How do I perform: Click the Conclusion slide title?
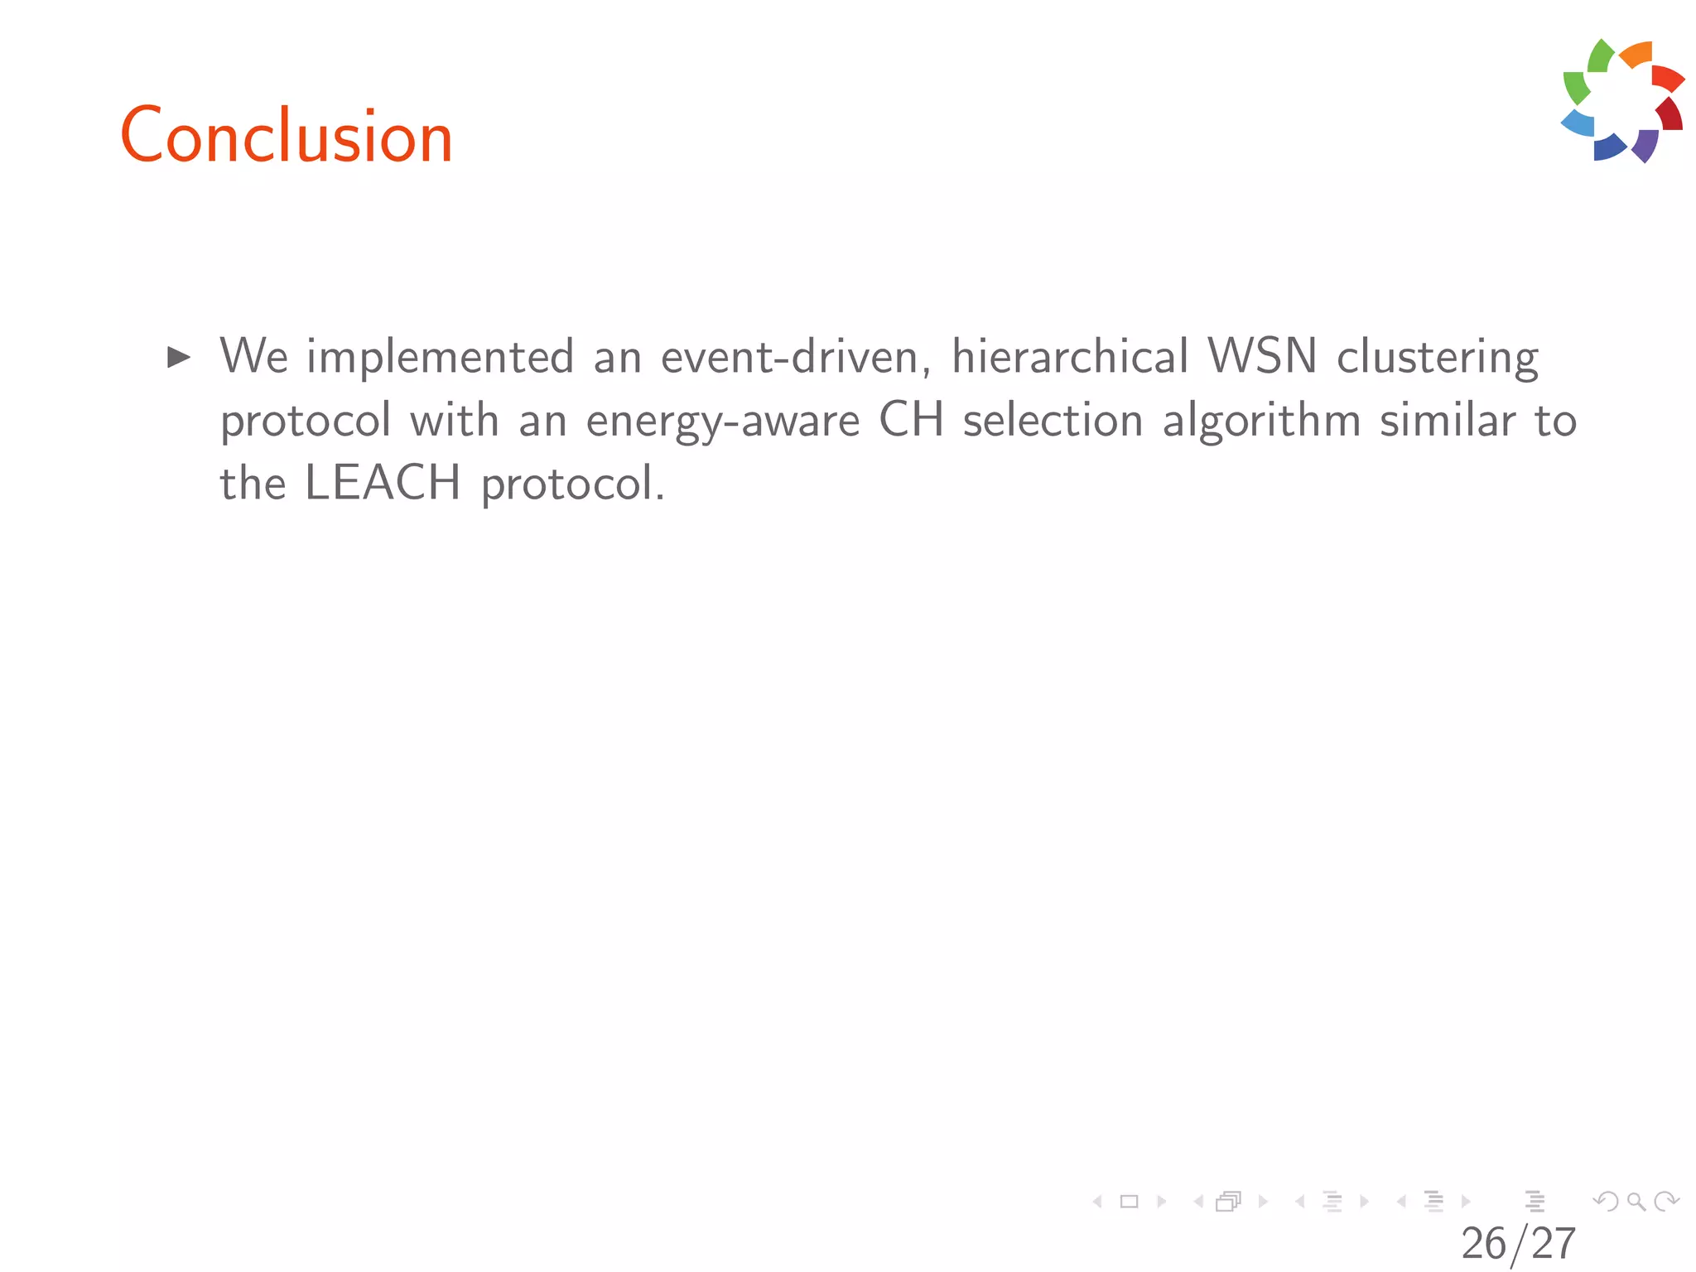[x=287, y=136]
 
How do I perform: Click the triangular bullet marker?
[x=179, y=358]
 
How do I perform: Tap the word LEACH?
[x=383, y=483]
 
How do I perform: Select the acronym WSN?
[x=1262, y=357]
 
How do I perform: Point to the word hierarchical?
[x=1070, y=357]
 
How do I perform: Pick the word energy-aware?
[x=723, y=421]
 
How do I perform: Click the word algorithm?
[x=1261, y=421]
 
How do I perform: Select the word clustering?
[x=1438, y=358]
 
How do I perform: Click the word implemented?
[x=440, y=358]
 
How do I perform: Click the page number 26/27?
[x=1518, y=1244]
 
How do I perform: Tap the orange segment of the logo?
[x=1637, y=55]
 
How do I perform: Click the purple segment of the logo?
[x=1645, y=146]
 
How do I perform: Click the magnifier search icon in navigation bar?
[x=1636, y=1201]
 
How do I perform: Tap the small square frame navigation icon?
[x=1129, y=1201]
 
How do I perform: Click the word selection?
[x=1053, y=420]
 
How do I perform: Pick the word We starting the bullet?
[x=253, y=357]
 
